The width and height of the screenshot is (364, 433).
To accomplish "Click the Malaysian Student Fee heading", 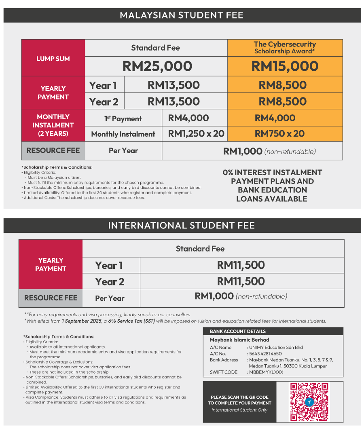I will tap(182, 15).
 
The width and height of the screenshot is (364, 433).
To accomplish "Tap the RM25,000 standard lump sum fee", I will tap(157, 66).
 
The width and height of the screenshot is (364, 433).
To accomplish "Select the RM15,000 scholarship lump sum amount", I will tap(285, 66).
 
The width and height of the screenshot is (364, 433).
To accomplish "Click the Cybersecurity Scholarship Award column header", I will tap(285, 48).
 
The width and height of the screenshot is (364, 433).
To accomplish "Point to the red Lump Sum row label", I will tap(53, 59).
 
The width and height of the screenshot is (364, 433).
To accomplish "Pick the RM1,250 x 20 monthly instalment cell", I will tap(196, 133).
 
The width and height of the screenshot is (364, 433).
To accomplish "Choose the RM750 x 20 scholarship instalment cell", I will tap(279, 133).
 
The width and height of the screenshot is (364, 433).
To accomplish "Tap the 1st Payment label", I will tap(123, 119).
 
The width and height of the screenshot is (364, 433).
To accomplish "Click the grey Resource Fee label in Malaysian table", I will tap(53, 151).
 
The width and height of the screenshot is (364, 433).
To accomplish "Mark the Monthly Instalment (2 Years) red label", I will tap(53, 125).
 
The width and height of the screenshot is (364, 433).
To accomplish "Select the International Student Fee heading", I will tap(182, 226).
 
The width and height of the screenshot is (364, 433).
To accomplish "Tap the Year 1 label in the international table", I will tap(109, 266).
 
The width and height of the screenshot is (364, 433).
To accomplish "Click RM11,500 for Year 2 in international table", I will tap(241, 281).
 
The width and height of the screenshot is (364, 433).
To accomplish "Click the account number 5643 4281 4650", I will tap(265, 353).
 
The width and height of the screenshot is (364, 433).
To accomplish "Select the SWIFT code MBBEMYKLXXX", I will tap(266, 372).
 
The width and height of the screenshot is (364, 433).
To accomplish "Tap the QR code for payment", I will tap(309, 401).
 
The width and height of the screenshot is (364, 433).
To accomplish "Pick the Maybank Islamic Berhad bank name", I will tap(239, 340).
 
